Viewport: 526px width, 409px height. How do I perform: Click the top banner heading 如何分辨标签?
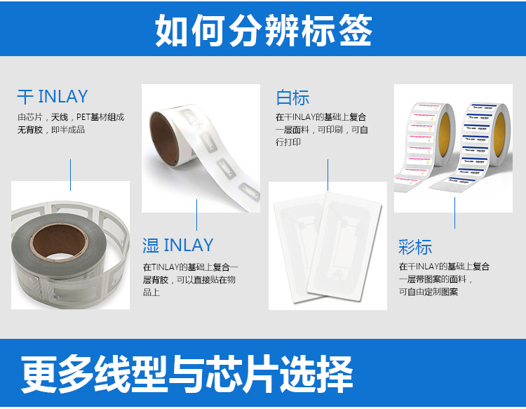point(263,29)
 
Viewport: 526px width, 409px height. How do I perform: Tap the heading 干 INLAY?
point(53,96)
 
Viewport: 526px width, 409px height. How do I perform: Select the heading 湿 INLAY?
point(177,246)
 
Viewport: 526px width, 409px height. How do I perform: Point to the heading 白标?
point(292,98)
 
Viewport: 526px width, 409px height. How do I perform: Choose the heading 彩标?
point(415,247)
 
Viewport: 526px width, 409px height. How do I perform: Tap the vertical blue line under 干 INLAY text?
point(71,174)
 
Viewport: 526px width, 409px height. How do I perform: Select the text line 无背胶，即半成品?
point(50,130)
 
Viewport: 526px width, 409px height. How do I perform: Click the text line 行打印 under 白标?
point(288,142)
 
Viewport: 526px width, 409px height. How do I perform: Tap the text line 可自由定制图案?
point(429,291)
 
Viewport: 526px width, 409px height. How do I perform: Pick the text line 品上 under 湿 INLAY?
point(151,292)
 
